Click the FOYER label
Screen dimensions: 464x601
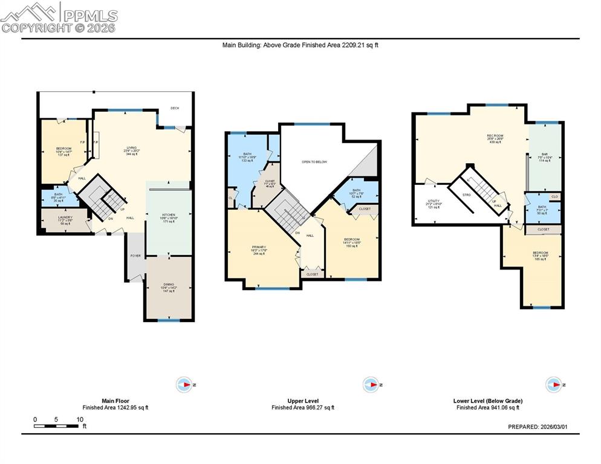[135, 256]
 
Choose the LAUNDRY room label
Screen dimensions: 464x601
[65, 217]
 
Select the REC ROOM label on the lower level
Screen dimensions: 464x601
[495, 136]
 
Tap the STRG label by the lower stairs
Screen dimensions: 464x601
[467, 195]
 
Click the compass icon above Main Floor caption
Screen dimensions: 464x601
[184, 384]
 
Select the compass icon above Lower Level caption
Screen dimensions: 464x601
[554, 384]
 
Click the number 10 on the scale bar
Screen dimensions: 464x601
[80, 419]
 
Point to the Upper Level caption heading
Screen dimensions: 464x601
[303, 401]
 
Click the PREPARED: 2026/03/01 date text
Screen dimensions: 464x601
[538, 427]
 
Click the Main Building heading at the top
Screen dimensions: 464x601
[300, 45]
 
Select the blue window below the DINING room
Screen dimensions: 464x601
[169, 320]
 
